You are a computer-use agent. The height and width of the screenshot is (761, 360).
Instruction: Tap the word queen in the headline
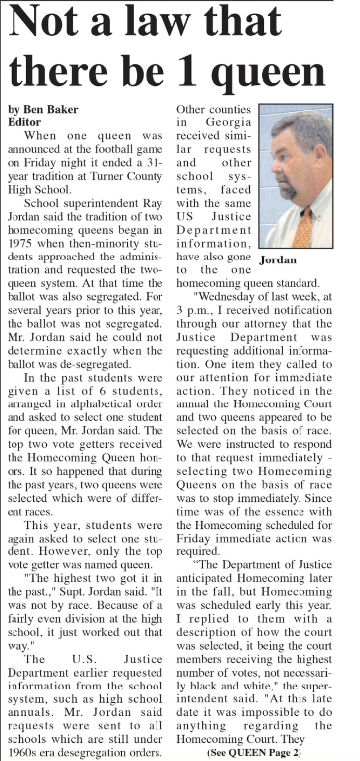pos(271,73)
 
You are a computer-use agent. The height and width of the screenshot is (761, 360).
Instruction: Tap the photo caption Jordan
pos(278,260)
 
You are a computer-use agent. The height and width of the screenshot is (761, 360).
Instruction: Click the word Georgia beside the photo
pos(228,123)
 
